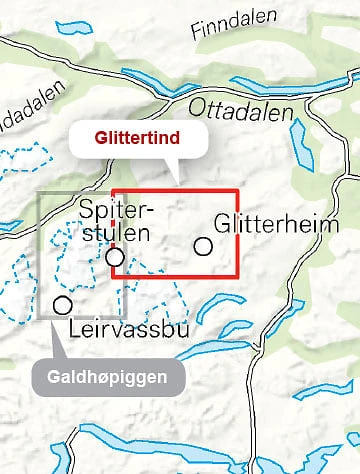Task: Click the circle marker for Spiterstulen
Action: pos(116,257)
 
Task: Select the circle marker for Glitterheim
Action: pos(204,245)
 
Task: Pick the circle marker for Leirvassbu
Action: pos(63,304)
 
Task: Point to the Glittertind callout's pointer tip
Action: pos(176,184)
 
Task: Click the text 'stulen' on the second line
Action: pos(117,234)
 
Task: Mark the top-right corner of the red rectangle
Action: pos(238,190)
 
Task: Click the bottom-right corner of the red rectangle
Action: pos(238,276)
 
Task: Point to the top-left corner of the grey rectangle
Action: pos(40,191)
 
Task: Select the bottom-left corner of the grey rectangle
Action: pos(40,318)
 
